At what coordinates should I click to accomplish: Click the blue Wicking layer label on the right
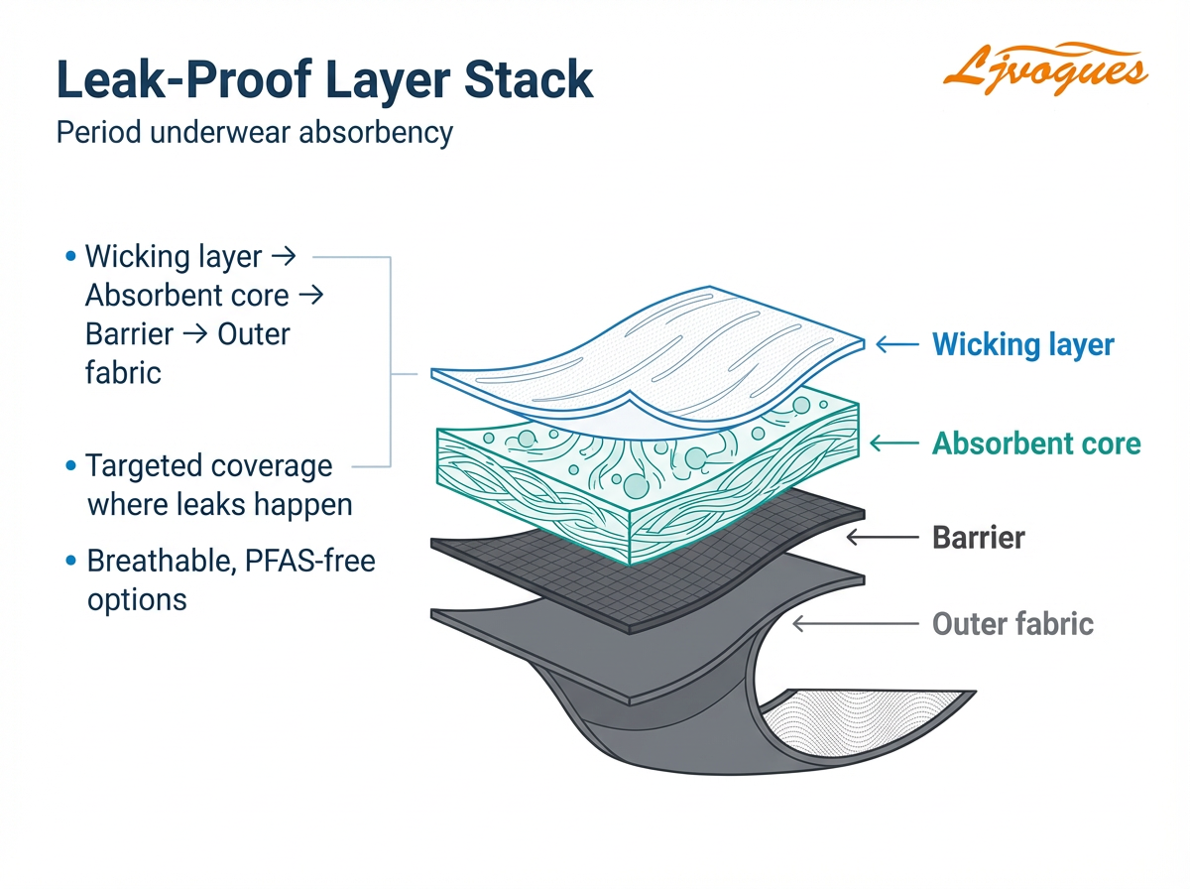coord(1022,345)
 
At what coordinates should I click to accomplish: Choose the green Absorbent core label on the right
coord(1036,443)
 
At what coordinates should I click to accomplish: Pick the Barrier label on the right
coord(978,538)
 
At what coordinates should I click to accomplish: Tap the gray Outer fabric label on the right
coord(1012,624)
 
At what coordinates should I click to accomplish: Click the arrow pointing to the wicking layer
coord(897,345)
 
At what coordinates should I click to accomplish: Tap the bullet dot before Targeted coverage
coord(69,466)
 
